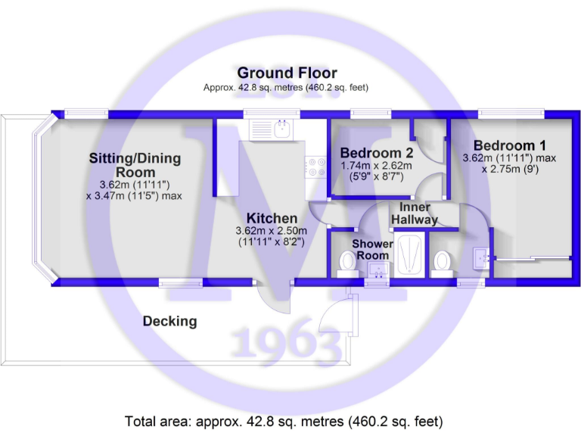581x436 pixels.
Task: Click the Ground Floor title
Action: pyautogui.click(x=287, y=73)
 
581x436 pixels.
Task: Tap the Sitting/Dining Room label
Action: pyautogui.click(x=135, y=165)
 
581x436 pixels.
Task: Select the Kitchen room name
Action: pyautogui.click(x=271, y=219)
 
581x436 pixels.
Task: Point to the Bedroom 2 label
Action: pyautogui.click(x=376, y=152)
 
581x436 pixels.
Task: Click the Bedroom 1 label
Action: pyautogui.click(x=509, y=145)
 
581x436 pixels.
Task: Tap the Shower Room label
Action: pyautogui.click(x=372, y=250)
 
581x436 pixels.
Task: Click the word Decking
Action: pyautogui.click(x=169, y=321)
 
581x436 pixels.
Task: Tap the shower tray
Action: pyautogui.click(x=409, y=254)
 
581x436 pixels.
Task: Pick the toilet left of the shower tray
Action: pyautogui.click(x=348, y=261)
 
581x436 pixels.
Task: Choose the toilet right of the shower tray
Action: pyautogui.click(x=443, y=262)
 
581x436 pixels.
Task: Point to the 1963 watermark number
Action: pyautogui.click(x=287, y=344)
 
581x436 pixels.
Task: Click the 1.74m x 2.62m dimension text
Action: pyautogui.click(x=376, y=166)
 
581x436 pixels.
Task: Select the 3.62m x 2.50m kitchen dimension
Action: pyautogui.click(x=271, y=231)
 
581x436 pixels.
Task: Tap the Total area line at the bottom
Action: pyautogui.click(x=284, y=421)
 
